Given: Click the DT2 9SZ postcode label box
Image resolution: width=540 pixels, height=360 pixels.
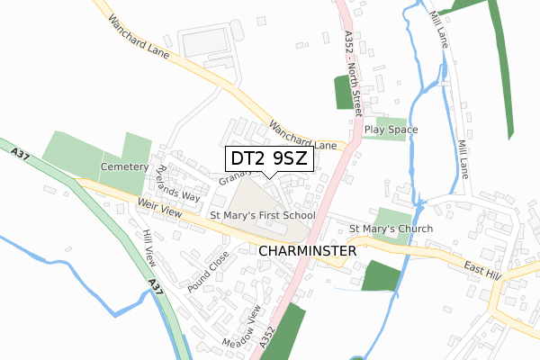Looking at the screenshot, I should [269, 159].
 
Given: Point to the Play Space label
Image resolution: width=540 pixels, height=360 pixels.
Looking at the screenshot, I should [391, 130].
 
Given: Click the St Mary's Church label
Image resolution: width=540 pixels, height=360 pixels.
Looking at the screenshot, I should [391, 229].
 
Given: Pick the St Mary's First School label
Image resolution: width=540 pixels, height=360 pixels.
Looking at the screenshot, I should [262, 216].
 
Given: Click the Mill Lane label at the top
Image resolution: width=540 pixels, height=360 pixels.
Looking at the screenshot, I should [440, 27].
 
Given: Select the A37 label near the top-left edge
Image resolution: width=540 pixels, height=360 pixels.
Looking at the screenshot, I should [22, 157].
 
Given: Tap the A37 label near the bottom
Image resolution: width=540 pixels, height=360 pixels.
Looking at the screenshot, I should [154, 289].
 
